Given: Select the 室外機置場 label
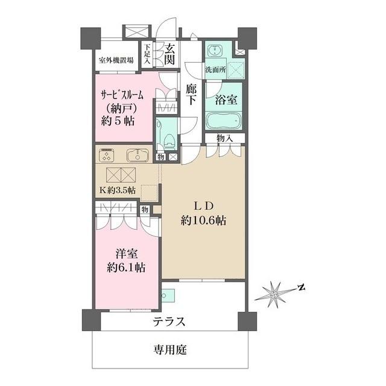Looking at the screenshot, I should click(x=117, y=60).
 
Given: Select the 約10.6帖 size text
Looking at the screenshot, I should click(x=203, y=221).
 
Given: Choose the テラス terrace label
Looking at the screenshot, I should click(x=169, y=321).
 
